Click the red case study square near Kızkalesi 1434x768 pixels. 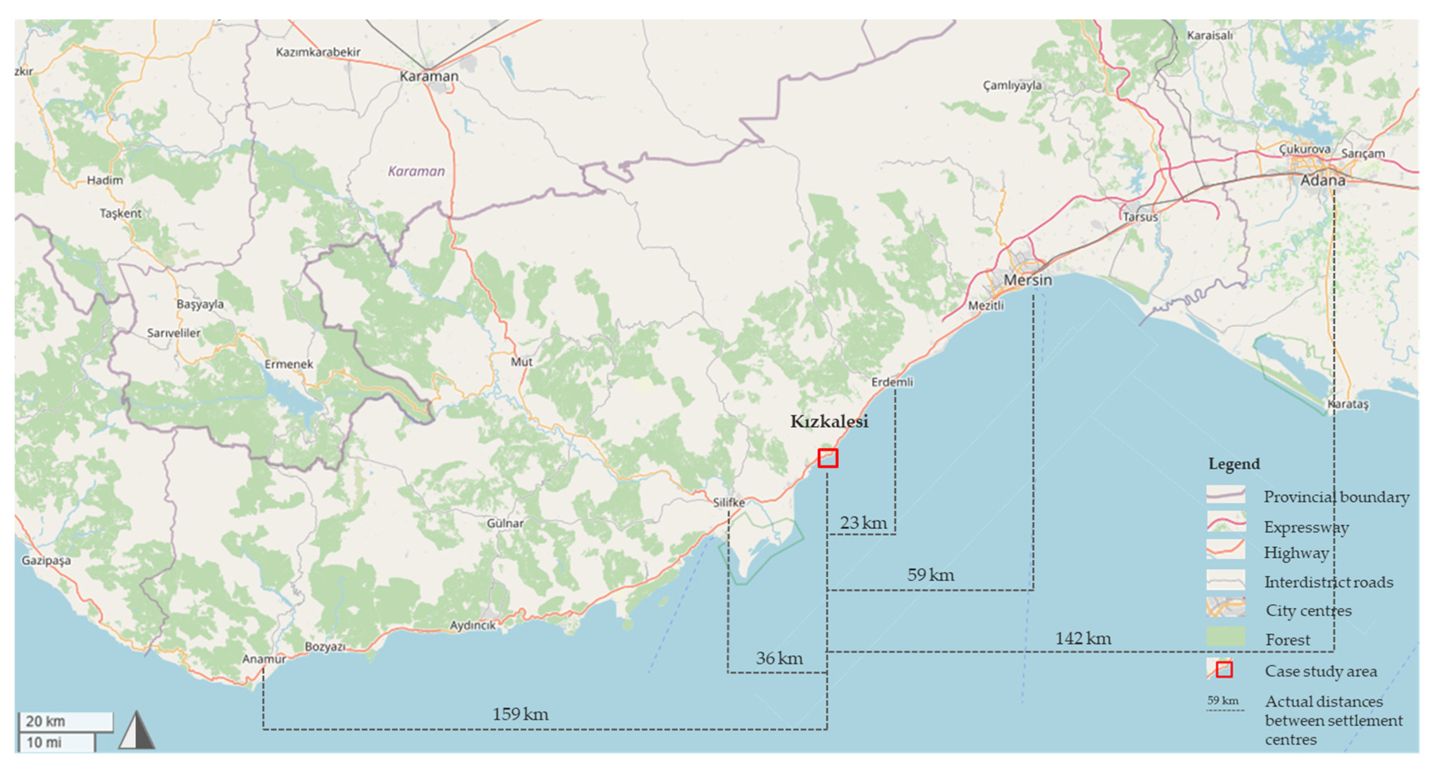pyautogui.click(x=827, y=458)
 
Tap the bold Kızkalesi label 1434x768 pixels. pyautogui.click(x=829, y=421)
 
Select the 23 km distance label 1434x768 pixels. pyautogui.click(x=863, y=523)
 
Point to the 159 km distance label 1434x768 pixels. pyautogui.click(x=520, y=714)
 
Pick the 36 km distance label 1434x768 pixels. pyautogui.click(x=779, y=658)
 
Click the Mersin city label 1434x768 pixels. pyautogui.click(x=1028, y=280)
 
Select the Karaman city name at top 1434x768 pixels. pyautogui.click(x=429, y=76)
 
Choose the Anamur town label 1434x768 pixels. pyautogui.click(x=264, y=659)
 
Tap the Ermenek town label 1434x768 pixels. pyautogui.click(x=288, y=364)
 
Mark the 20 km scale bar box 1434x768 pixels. pyautogui.click(x=66, y=721)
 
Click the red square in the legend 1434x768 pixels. pyautogui.click(x=1224, y=669)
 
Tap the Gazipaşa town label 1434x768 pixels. pyautogui.click(x=46, y=561)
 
